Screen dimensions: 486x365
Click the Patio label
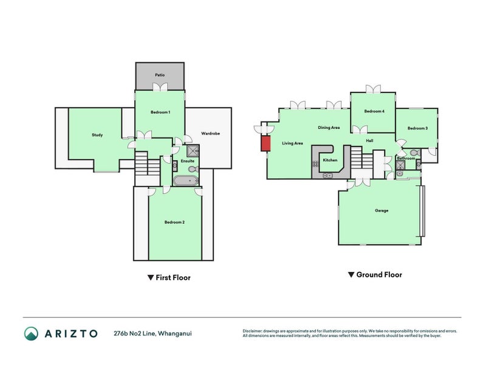(x=160, y=75)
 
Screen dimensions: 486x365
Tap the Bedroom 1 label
(x=160, y=112)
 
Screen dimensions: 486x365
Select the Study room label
(x=97, y=135)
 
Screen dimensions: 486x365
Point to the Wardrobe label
(x=210, y=133)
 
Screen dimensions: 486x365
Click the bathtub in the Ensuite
(x=185, y=181)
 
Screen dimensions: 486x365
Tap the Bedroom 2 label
(x=174, y=222)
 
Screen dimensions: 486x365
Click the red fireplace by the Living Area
(x=265, y=143)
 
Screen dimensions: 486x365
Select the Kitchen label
(x=330, y=160)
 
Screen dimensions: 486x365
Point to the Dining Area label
(x=329, y=128)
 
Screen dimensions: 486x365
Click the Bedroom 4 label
(x=374, y=111)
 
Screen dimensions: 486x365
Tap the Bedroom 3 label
(x=417, y=128)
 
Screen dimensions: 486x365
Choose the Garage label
(x=382, y=210)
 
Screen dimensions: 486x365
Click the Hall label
(x=369, y=141)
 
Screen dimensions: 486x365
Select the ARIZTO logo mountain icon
(x=32, y=333)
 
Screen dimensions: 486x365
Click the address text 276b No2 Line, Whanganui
(x=152, y=333)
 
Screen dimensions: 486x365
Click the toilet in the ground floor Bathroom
(x=414, y=153)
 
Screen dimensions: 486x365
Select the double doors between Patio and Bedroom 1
(x=160, y=87)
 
